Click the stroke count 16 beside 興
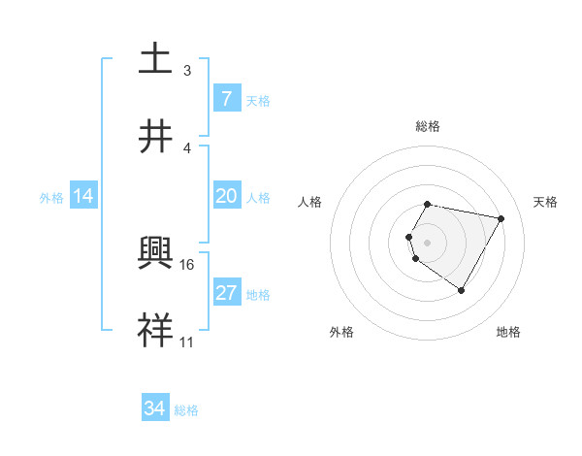coord(188,264)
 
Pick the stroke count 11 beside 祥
coord(187,342)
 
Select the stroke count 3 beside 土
coord(187,71)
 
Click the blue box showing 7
coord(226,98)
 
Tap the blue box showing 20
coord(226,196)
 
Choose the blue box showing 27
coord(226,293)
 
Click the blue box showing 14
coord(83,196)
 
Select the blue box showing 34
coord(155,408)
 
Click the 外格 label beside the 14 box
coord(51,197)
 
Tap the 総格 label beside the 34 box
coord(186,409)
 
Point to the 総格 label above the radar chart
coord(428,126)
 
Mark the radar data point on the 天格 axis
coord(501,218)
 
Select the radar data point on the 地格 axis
coord(461,290)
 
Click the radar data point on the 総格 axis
coord(428,204)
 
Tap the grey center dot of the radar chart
coord(428,242)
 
